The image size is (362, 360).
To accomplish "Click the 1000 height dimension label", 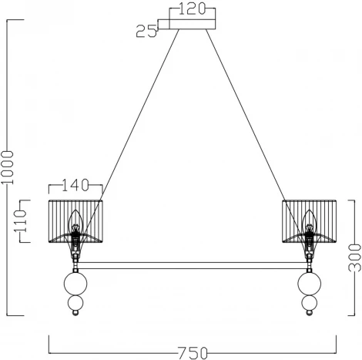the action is [7, 167].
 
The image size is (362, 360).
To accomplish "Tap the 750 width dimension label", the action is [193, 353].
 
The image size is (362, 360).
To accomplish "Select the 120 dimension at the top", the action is [192, 9].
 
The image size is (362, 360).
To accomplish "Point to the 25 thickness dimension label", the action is [146, 32].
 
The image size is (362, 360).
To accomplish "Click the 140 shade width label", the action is [75, 185].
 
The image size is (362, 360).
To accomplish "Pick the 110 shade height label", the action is [20, 221].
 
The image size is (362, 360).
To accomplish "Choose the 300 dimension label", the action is [354, 257].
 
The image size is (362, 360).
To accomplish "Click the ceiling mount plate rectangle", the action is [193, 24].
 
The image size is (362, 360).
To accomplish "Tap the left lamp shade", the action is [75, 221].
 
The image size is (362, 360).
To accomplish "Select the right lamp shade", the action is [310, 221].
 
